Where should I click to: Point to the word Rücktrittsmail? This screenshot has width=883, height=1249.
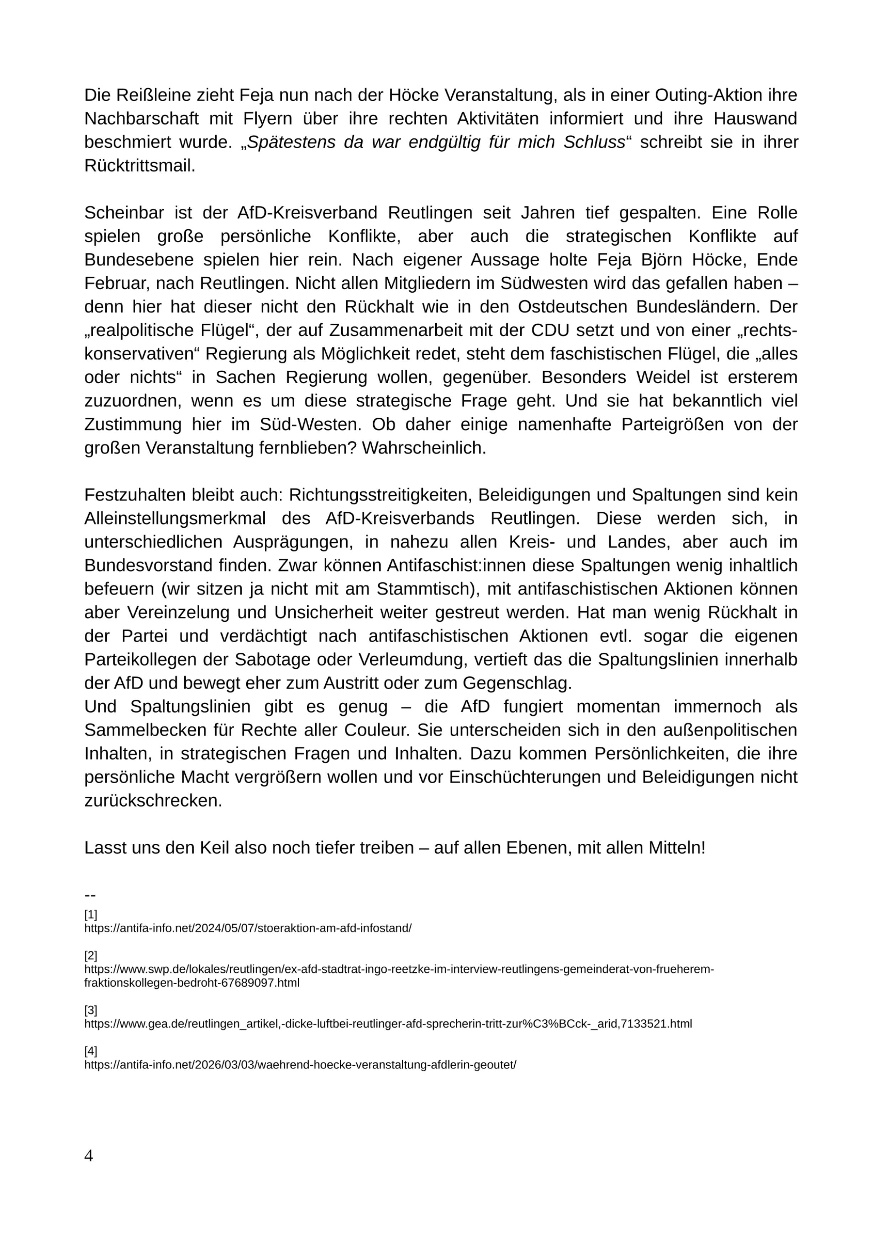coord(140,166)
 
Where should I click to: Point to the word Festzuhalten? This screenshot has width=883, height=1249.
coord(135,495)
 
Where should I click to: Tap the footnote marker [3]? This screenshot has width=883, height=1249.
coord(90,1010)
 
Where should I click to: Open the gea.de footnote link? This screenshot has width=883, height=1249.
coord(388,1024)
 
